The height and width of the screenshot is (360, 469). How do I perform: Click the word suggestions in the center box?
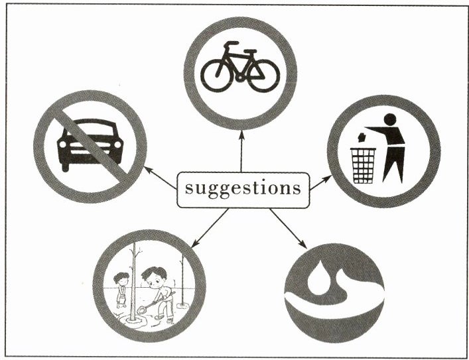(242, 188)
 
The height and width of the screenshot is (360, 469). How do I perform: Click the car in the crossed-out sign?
(90, 143)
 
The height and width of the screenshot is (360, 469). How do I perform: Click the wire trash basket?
(364, 164)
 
